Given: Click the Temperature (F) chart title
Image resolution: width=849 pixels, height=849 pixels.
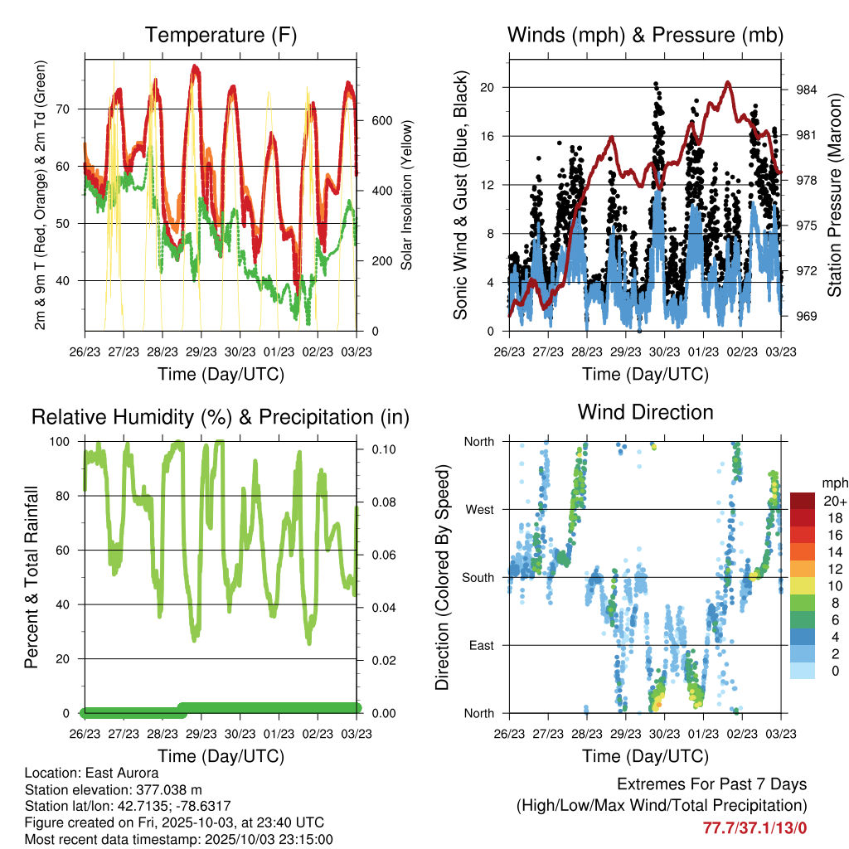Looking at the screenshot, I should pyautogui.click(x=221, y=35).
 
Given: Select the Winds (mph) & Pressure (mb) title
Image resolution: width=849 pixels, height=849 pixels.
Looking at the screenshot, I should pyautogui.click(x=645, y=35).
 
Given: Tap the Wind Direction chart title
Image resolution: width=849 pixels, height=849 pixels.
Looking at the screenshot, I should pyautogui.click(x=645, y=412).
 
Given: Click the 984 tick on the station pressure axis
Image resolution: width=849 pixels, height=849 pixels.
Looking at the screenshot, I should pyautogui.click(x=807, y=90).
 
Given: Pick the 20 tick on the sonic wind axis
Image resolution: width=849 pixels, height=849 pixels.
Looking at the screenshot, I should pyautogui.click(x=488, y=87).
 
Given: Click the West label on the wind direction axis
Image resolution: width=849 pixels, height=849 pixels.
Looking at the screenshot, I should pyautogui.click(x=480, y=509).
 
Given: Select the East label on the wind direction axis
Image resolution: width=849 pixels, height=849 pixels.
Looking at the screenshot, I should pyautogui.click(x=482, y=645).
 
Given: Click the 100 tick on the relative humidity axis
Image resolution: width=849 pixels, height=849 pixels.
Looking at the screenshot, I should pyautogui.click(x=63, y=441).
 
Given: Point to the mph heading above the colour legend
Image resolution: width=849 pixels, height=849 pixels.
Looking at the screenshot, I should pyautogui.click(x=832, y=483).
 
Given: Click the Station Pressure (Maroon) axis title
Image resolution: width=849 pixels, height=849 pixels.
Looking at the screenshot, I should pyautogui.click(x=835, y=192).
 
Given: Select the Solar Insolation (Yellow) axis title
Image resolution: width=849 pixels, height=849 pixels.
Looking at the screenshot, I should pyautogui.click(x=407, y=195).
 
